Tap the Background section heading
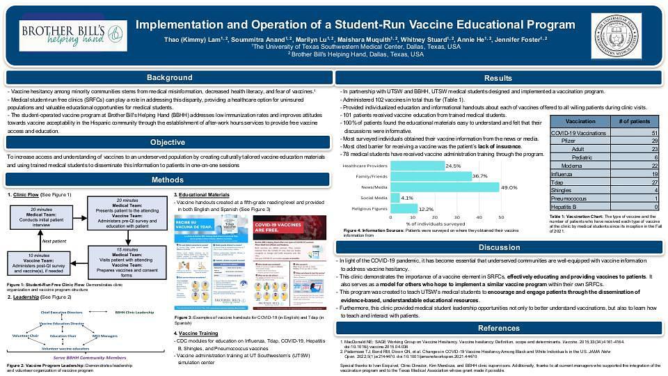(168, 77)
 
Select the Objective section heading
(168, 143)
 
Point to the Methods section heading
(168, 180)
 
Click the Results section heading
(498, 77)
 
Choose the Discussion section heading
(498, 248)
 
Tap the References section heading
(498, 328)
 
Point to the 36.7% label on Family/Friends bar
(479, 177)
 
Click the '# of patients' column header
(634, 120)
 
